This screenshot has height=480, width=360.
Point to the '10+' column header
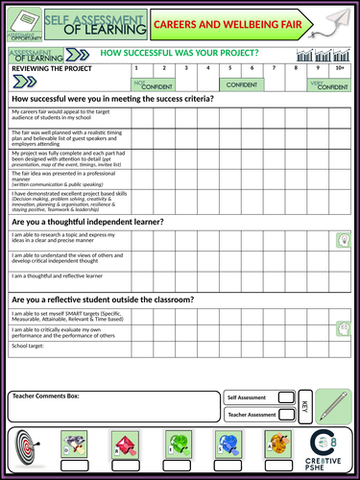coord(341,69)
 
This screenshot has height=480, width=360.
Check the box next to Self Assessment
coord(285,397)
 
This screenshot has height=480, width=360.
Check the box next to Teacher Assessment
coord(285,415)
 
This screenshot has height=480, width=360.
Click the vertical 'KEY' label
coord(303,406)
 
